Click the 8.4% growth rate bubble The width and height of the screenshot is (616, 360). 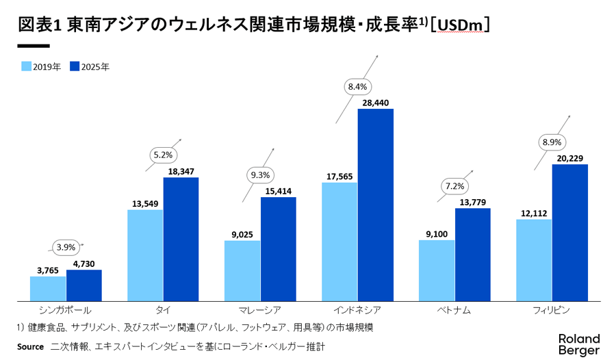point(358,86)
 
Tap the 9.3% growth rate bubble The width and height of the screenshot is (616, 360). point(261,175)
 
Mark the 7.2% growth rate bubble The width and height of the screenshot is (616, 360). point(455,185)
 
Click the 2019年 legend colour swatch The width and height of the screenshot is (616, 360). point(27,66)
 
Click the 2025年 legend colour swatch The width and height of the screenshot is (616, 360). point(75,66)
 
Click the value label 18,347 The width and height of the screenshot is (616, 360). point(181,170)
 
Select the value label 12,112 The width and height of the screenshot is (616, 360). point(534,213)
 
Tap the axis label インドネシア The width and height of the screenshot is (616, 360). point(358,310)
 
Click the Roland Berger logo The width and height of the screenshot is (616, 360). point(578,344)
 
